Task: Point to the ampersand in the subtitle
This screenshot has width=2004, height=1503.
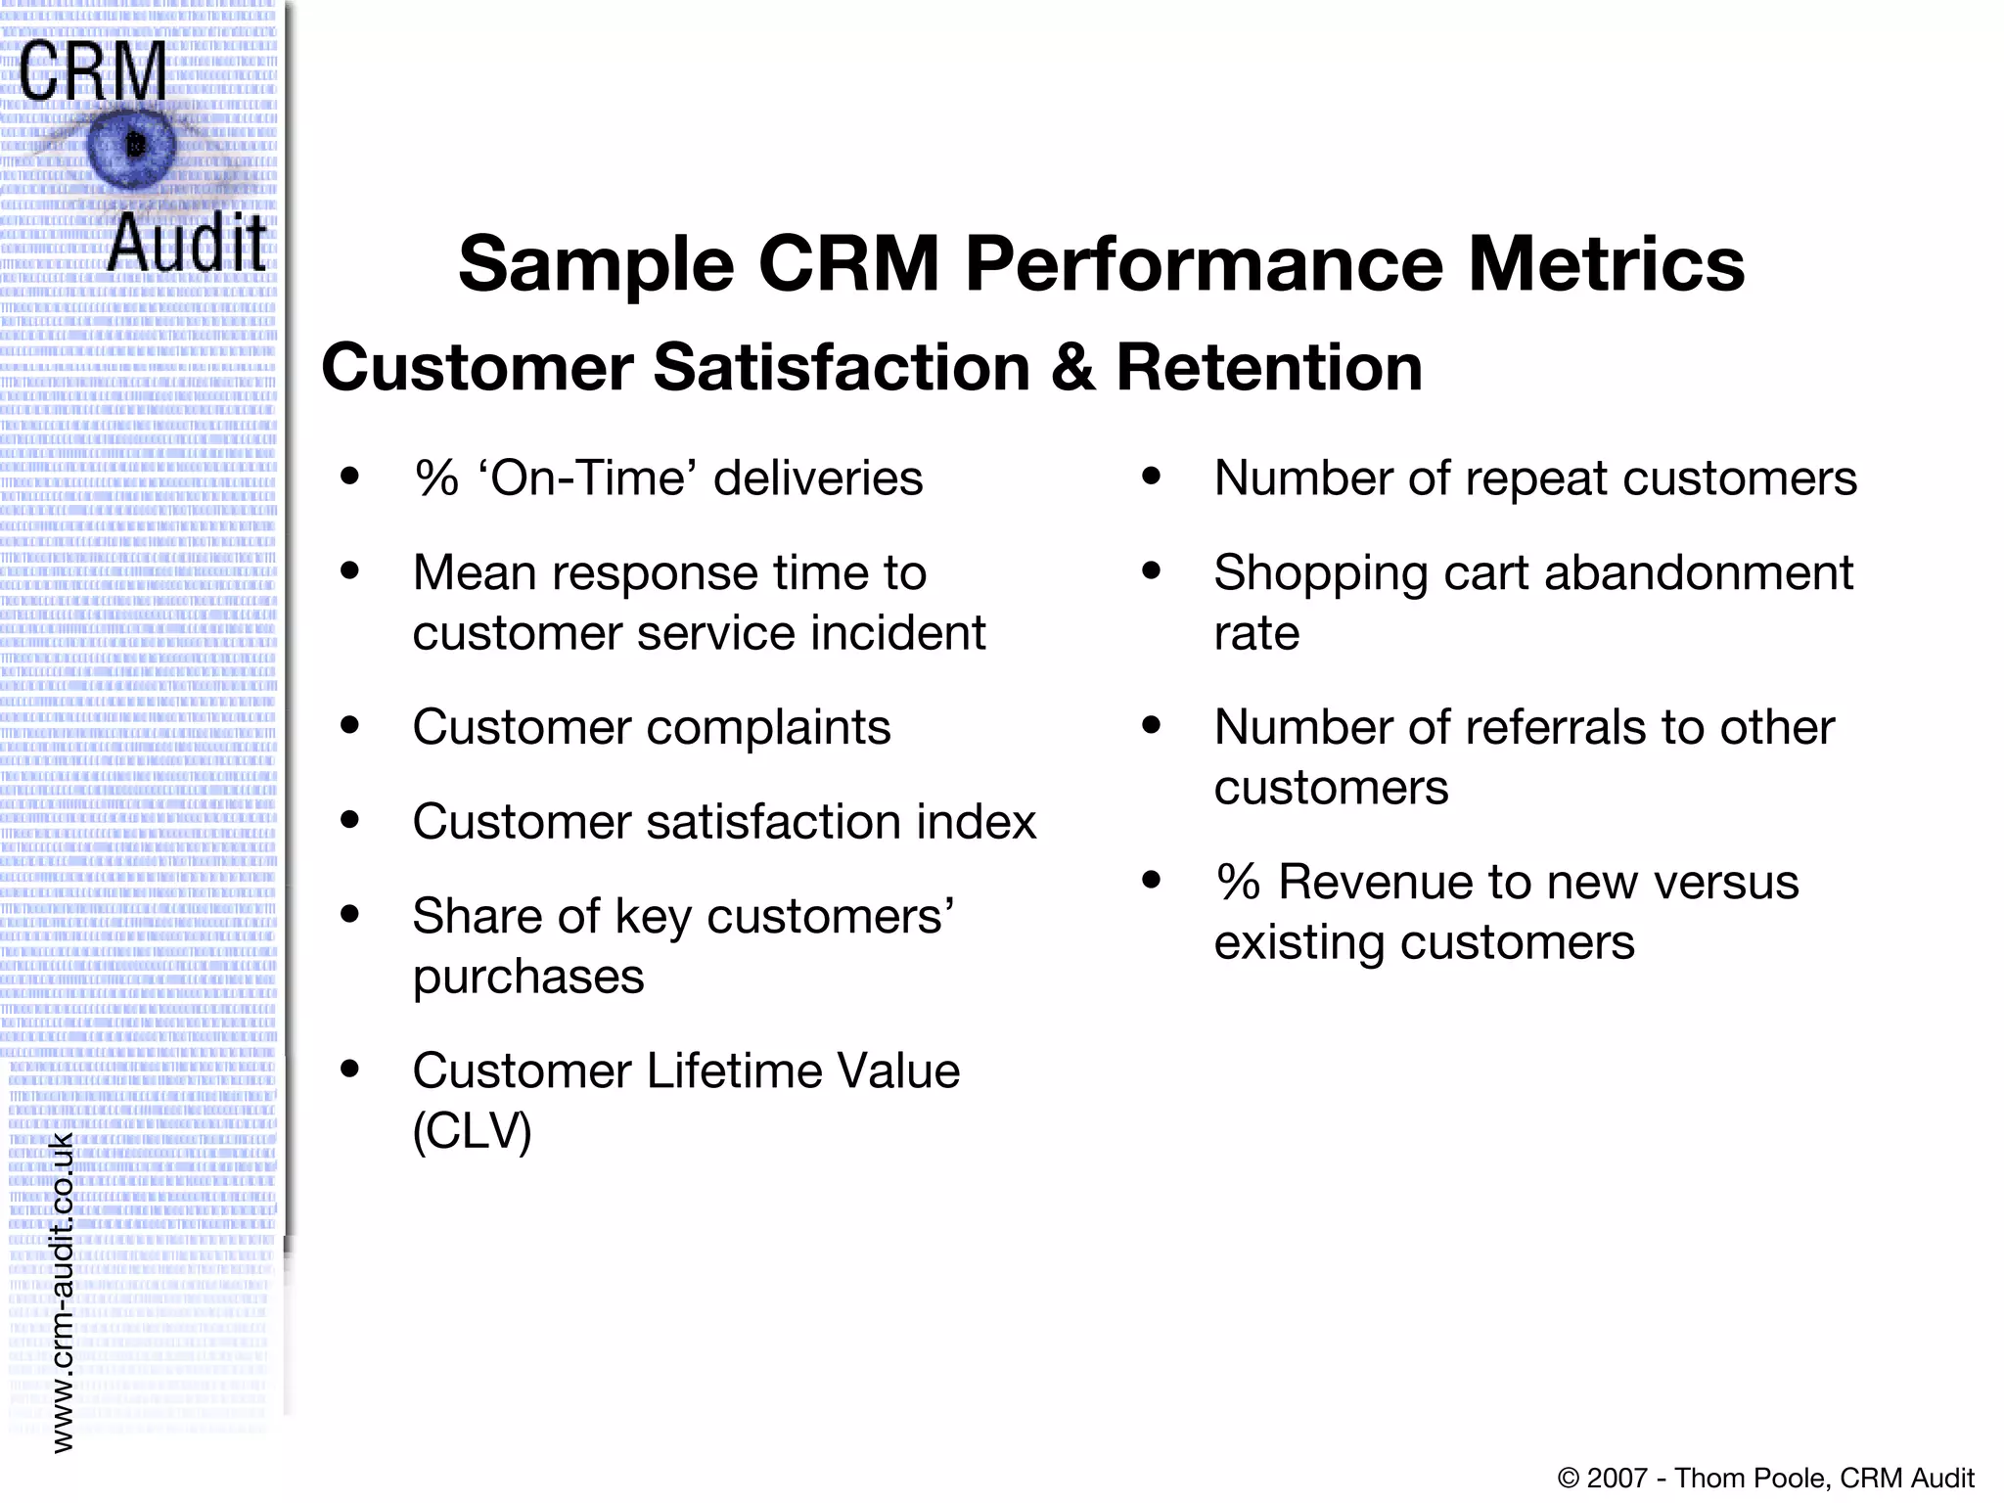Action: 1072,368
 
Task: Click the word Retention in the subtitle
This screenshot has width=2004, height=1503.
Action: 1269,368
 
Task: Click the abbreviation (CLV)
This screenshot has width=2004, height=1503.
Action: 472,1131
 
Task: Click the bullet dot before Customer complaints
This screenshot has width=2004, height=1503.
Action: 349,726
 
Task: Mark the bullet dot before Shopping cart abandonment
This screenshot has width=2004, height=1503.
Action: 1151,571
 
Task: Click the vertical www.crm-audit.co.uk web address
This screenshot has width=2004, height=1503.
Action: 62,1292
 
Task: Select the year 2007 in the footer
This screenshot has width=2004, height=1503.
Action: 1617,1478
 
